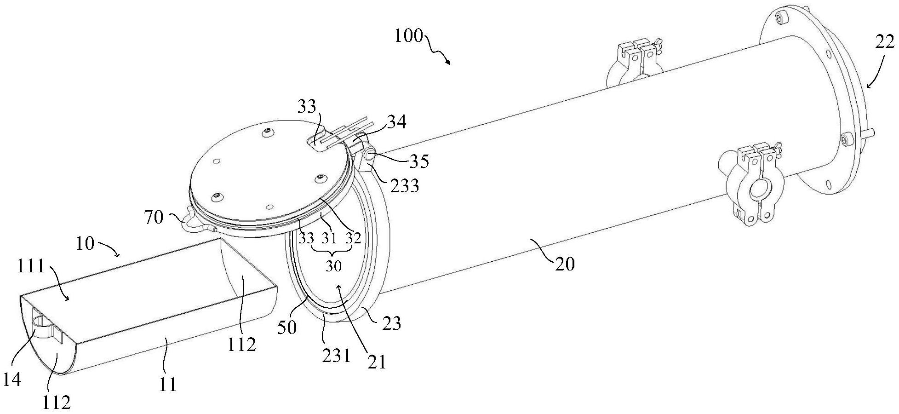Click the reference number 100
408,35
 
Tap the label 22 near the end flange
884,42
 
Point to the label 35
418,161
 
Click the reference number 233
405,186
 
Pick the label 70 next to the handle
154,217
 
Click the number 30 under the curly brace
334,266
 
